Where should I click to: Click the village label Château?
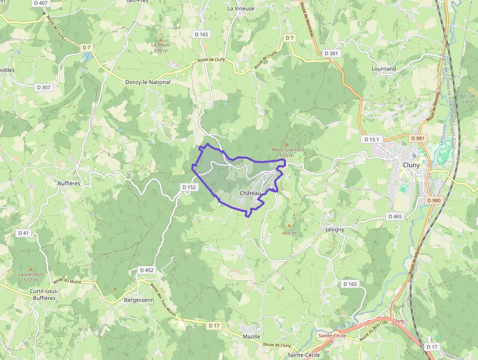250,193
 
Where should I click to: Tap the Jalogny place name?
335,229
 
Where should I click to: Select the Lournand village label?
383,69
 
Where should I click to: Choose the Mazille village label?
252,337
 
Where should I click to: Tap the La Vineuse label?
241,8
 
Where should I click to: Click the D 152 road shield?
189,187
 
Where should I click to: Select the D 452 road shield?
146,270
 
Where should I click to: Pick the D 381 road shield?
331,53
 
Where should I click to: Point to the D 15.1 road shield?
372,139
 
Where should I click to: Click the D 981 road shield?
418,138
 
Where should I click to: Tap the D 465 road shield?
395,216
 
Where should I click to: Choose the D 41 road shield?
23,233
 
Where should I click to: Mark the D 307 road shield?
43,87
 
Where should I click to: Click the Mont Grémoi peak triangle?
286,144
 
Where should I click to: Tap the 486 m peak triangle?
289,226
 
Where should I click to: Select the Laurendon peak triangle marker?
31,269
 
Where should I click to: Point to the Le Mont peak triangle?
160,39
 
